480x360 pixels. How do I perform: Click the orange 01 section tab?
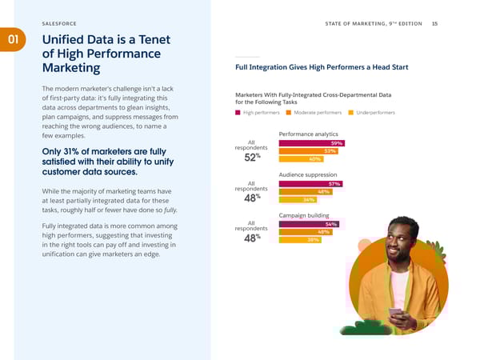tap(12, 39)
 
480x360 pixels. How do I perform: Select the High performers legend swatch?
tap(238, 113)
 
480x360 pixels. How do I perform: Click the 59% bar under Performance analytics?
tap(311, 143)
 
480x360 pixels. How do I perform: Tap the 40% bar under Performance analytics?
tap(300, 158)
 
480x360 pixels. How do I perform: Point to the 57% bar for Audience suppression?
tap(310, 184)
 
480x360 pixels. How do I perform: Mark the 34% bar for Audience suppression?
tap(297, 199)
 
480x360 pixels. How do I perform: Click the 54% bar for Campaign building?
tap(309, 224)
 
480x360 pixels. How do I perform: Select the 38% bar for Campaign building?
tap(299, 239)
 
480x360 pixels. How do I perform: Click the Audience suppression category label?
tap(308, 174)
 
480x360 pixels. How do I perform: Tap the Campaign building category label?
tap(304, 215)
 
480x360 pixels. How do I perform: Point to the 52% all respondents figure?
tap(252, 158)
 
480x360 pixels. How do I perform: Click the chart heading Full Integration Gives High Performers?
tap(320, 67)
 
